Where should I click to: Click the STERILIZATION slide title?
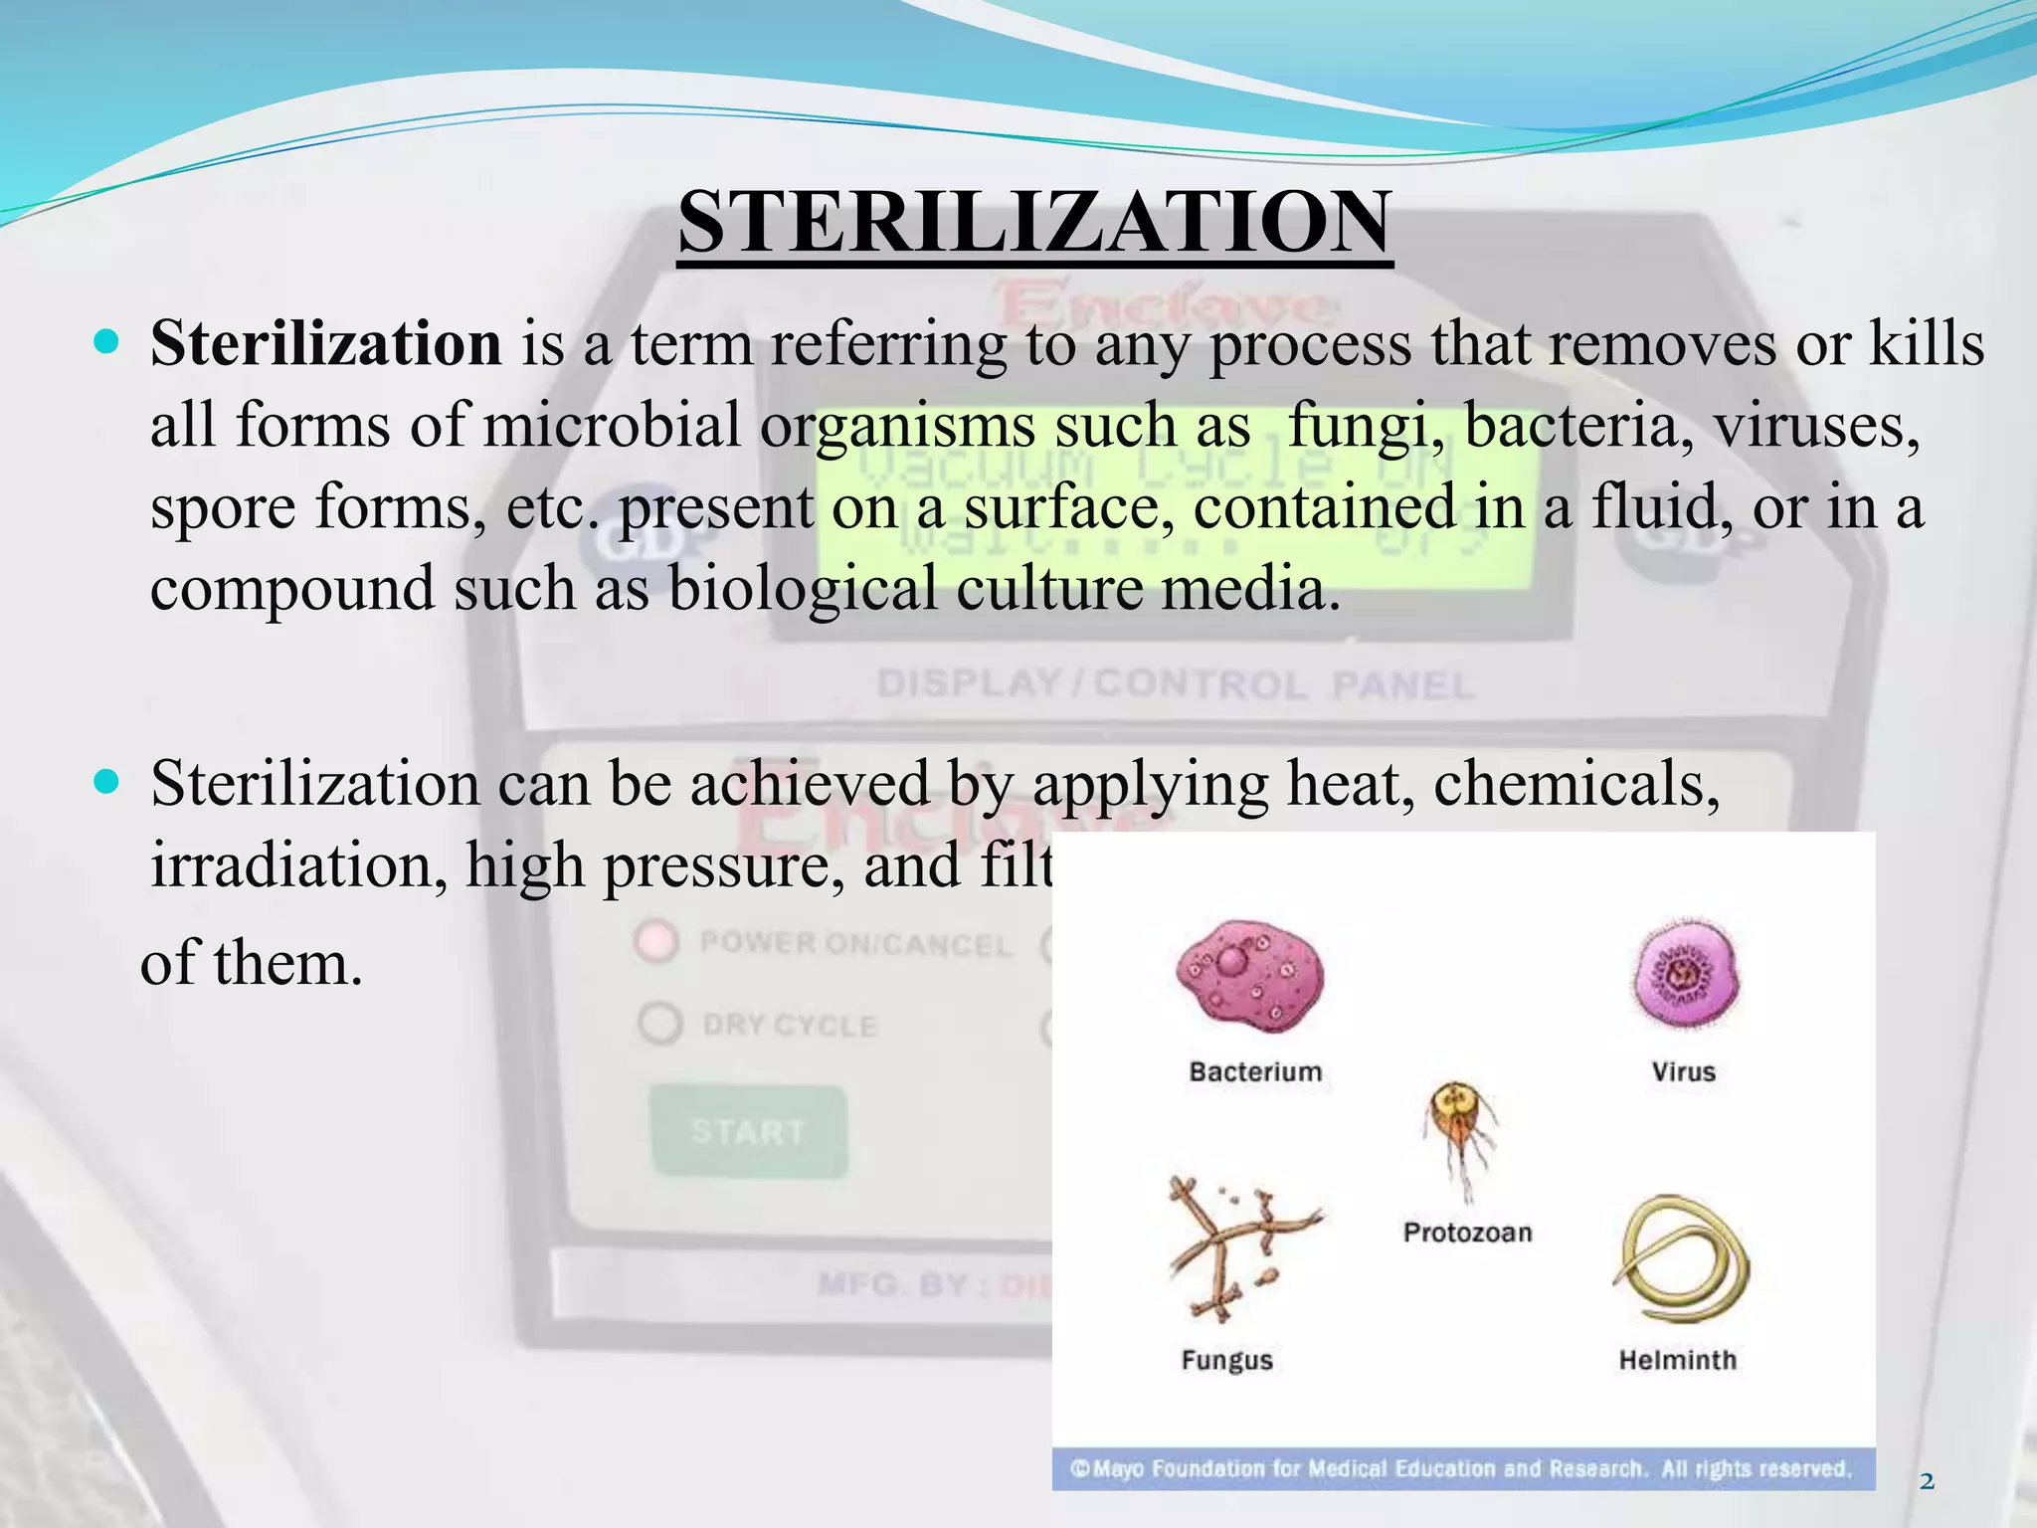click(x=1034, y=223)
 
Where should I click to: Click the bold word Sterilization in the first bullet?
click(x=325, y=344)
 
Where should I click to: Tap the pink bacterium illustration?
click(x=1249, y=974)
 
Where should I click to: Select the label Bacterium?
click(x=1255, y=1071)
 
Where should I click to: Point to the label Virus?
click(x=1683, y=1071)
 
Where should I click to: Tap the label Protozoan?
click(x=1467, y=1233)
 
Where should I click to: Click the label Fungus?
click(x=1226, y=1360)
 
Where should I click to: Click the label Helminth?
click(x=1677, y=1360)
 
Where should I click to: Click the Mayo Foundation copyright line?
click(x=1460, y=1469)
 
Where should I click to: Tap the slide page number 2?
click(x=1927, y=1482)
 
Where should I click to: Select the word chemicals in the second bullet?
click(x=1575, y=785)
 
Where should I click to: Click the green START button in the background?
click(x=748, y=1131)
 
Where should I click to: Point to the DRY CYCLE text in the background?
click(x=789, y=1026)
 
